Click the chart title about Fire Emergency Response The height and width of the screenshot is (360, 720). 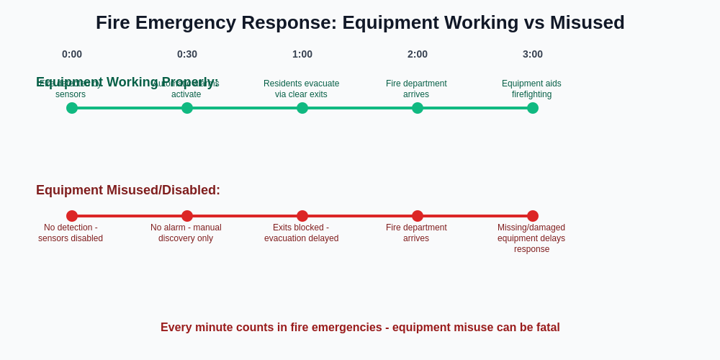coord(360,22)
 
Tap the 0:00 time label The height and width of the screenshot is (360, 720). coord(72,54)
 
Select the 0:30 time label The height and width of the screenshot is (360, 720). coord(187,54)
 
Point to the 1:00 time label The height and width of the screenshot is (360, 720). coord(302,54)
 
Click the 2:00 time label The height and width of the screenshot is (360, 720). coord(418,54)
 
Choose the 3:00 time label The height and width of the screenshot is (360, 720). coord(533,54)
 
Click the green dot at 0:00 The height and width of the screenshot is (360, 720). coord(72,108)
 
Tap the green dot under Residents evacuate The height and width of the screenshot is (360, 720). coord(302,108)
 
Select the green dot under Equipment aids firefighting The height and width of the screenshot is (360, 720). coord(533,108)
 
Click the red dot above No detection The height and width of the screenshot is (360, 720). coord(72,216)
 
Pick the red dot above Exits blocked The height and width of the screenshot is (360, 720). coord(302,216)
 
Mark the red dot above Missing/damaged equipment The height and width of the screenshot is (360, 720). coord(533,216)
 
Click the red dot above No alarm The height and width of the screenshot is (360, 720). coord(187,216)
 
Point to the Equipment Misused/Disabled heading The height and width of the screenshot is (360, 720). coord(128,190)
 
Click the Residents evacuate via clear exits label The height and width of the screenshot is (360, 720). coord(301,89)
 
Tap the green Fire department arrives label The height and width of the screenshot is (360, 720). coord(416,89)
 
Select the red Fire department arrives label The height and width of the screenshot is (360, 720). coord(416,233)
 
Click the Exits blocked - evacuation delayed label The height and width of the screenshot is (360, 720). coord(301,233)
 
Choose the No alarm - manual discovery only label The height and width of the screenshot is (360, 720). coord(186,233)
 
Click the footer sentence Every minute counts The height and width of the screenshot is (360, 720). coord(360,328)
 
